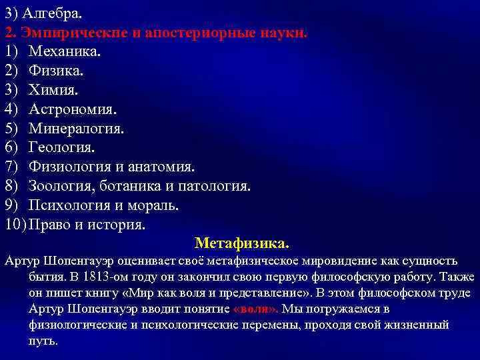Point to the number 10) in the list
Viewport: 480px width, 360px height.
(15, 225)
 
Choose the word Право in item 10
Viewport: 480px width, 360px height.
(49, 225)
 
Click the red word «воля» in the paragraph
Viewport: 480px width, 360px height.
(256, 309)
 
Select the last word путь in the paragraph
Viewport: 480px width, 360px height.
(43, 341)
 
